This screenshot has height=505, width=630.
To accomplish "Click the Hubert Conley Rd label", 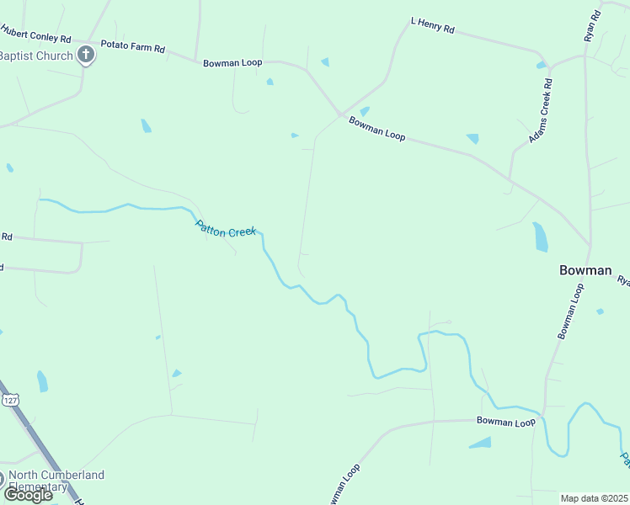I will [35, 33].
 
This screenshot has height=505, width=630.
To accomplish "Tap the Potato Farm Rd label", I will [132, 46].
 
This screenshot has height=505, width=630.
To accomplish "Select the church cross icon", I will [85, 56].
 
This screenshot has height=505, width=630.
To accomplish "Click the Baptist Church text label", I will [35, 56].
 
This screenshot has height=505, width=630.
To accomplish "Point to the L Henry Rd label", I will [432, 25].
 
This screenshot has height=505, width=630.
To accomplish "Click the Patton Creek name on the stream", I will [225, 228].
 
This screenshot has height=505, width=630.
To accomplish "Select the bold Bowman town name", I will [585, 270].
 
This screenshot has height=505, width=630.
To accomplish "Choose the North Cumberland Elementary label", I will [56, 481].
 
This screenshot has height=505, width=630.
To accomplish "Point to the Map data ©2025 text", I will [595, 498].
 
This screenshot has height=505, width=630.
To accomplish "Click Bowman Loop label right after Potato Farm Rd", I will [232, 62].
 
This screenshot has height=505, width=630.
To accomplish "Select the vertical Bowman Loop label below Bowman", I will [570, 311].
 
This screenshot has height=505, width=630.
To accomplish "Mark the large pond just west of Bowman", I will [540, 237].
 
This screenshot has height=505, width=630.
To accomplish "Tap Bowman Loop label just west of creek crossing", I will [505, 422].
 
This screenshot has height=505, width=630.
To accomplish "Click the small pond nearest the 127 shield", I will [42, 381].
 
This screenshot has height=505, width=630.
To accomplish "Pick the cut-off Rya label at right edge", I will [623, 281].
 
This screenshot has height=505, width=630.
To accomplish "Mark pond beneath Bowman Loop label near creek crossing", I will [481, 443].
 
